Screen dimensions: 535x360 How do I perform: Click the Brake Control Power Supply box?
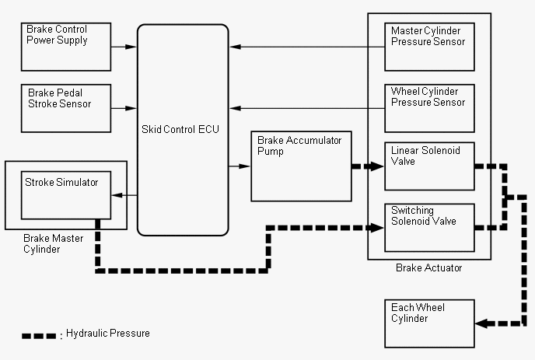click(x=66, y=47)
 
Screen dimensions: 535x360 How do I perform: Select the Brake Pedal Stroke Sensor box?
click(x=66, y=108)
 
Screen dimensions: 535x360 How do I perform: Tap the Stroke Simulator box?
click(x=66, y=195)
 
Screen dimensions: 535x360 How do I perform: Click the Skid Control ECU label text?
click(x=180, y=129)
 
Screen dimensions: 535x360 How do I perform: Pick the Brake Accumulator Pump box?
click(x=301, y=166)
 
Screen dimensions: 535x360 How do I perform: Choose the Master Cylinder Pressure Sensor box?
click(x=429, y=47)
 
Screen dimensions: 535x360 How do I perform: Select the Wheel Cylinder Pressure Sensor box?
click(x=429, y=108)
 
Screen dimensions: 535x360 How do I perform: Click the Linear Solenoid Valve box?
click(x=429, y=166)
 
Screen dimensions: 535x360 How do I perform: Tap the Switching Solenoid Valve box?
click(x=429, y=228)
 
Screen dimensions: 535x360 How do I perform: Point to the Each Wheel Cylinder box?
click(x=429, y=323)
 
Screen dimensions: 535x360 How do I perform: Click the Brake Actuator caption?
click(x=429, y=268)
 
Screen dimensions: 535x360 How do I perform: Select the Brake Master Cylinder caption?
click(x=53, y=243)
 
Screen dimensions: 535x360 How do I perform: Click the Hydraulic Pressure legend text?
click(x=108, y=333)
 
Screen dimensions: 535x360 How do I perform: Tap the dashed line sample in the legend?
click(x=39, y=336)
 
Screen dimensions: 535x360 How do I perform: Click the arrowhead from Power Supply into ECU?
click(x=131, y=47)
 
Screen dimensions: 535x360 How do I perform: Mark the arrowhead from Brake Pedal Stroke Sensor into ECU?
click(x=131, y=108)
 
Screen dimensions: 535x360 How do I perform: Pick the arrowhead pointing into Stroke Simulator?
click(x=117, y=195)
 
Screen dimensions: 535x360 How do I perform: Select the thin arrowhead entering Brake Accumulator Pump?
click(x=244, y=166)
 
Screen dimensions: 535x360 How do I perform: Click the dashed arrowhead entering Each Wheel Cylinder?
click(x=481, y=323)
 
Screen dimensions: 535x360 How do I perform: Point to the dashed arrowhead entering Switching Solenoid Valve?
click(x=377, y=228)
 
